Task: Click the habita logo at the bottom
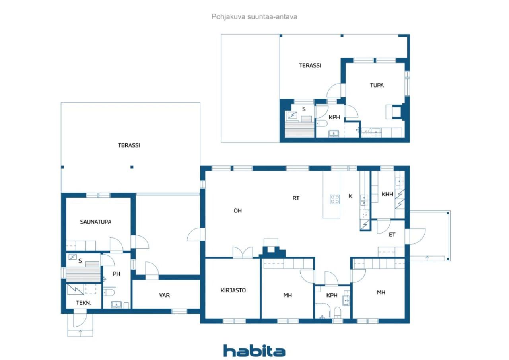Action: coord(254,351)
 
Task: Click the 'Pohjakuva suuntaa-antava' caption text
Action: coord(254,17)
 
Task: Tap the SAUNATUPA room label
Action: coord(95,222)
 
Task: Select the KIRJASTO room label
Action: coord(233,290)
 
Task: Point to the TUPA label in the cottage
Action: coord(377,85)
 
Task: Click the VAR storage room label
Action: coord(165,295)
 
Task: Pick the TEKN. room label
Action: coord(84,303)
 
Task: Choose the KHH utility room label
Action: coord(387,195)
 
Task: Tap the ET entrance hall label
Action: coord(392,235)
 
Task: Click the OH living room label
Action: coord(237,211)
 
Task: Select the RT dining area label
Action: coord(295,198)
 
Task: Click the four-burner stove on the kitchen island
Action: coord(334,199)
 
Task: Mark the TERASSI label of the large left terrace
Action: coord(129,145)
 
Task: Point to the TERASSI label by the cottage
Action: coord(310,66)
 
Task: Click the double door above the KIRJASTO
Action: coord(243,253)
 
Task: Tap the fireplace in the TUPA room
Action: coord(395,111)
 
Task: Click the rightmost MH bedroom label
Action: coord(381,292)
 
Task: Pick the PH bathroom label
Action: coord(116,274)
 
